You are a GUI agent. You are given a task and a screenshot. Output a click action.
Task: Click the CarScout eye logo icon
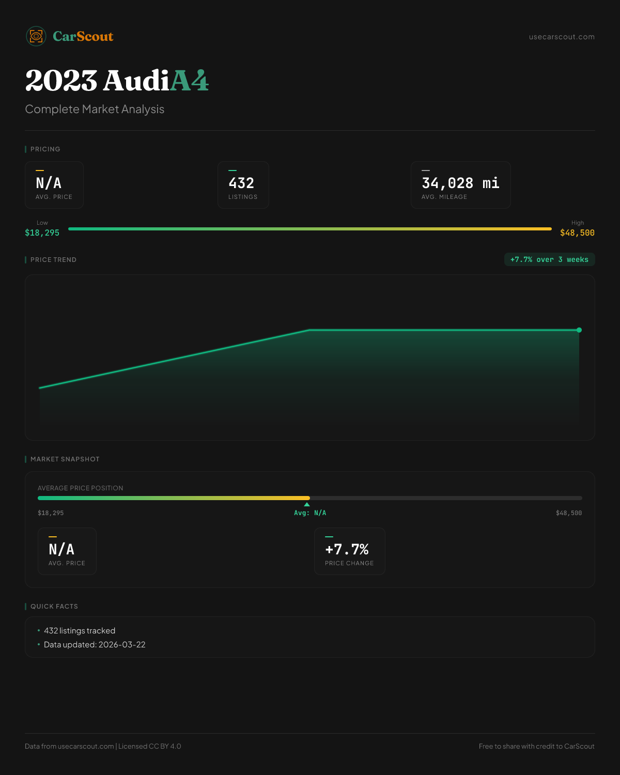click(x=36, y=36)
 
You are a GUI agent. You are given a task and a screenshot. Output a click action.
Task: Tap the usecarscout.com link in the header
click(x=562, y=37)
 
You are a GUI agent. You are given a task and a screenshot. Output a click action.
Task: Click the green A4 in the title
click(x=189, y=81)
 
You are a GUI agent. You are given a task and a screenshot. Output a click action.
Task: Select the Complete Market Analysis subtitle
click(x=95, y=110)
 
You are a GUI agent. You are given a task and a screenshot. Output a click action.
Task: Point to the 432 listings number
click(x=241, y=183)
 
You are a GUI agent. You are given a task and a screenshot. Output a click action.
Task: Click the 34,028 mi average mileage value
click(x=460, y=183)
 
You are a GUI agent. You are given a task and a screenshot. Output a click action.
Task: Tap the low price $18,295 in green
click(x=42, y=233)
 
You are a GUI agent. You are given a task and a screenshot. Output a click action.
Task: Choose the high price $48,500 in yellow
click(x=577, y=233)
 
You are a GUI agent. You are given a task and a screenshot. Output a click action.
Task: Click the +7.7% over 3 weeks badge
click(x=549, y=259)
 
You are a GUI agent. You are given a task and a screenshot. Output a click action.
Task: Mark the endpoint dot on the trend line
click(x=579, y=330)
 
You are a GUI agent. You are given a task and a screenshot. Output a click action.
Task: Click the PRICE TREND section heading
click(x=53, y=260)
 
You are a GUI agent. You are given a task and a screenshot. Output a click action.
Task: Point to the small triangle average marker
click(x=307, y=504)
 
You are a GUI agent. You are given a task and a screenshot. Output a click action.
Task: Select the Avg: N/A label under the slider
click(x=310, y=513)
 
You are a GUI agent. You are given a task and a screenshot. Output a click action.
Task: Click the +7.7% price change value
click(x=347, y=549)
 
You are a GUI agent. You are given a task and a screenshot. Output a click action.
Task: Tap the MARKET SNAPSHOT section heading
click(x=65, y=459)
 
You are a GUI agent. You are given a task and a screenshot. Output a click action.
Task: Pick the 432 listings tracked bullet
click(x=80, y=631)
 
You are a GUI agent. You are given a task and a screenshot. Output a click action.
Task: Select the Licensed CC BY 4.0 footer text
click(x=150, y=746)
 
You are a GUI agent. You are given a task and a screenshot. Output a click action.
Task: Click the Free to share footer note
click(x=536, y=746)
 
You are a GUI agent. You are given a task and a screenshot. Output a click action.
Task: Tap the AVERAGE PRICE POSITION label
click(x=81, y=488)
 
